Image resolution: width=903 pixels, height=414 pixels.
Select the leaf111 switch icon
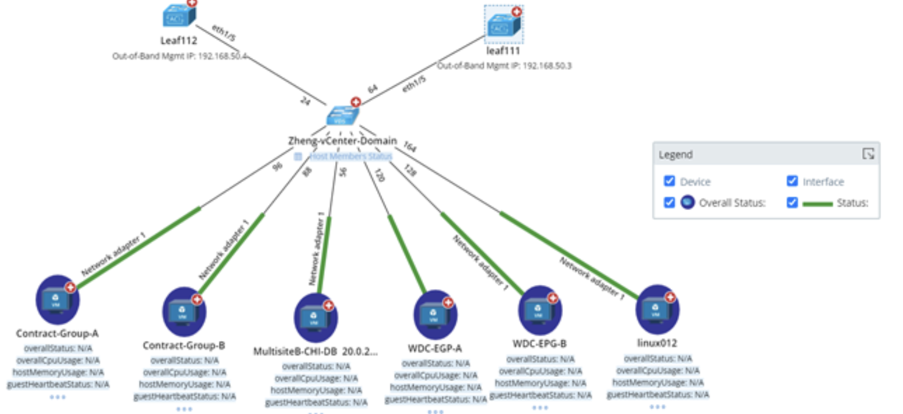(x=503, y=25)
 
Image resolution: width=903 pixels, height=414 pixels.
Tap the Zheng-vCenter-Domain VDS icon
(x=342, y=116)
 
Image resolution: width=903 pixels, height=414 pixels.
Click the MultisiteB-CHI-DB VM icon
(x=315, y=317)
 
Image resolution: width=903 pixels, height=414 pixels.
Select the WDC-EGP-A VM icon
(x=434, y=315)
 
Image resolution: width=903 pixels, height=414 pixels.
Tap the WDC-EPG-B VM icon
(x=539, y=310)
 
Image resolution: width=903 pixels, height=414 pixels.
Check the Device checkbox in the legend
(x=670, y=181)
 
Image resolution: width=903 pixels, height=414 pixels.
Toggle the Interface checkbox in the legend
(x=792, y=181)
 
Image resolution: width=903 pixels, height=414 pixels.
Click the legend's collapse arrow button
(x=868, y=154)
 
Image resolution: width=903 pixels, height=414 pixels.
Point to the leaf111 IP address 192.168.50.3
(x=547, y=66)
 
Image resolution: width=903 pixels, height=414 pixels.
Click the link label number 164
(x=409, y=147)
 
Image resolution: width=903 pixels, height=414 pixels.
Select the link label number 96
(x=278, y=166)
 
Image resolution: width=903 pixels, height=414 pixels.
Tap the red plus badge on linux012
(x=670, y=298)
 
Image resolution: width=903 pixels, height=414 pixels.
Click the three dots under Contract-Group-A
(x=58, y=397)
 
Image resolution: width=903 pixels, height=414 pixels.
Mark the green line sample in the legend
(x=818, y=203)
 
